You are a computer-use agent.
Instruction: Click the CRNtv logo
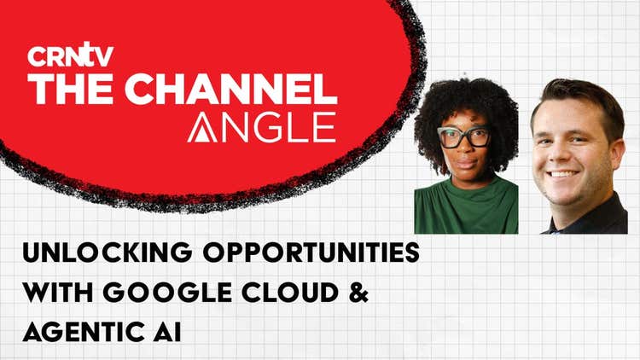pyautogui.click(x=70, y=55)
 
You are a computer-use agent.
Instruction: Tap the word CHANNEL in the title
pyautogui.click(x=231, y=89)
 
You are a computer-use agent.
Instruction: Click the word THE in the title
pyautogui.click(x=70, y=89)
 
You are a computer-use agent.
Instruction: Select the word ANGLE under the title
pyautogui.click(x=262, y=127)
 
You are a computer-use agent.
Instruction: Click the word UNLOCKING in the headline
pyautogui.click(x=108, y=253)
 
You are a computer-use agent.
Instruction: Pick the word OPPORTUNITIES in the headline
pyautogui.click(x=311, y=253)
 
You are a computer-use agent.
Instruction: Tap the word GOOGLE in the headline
pyautogui.click(x=167, y=293)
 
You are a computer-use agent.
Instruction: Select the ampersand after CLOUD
pyautogui.click(x=358, y=293)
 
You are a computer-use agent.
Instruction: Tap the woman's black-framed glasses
pyautogui.click(x=464, y=136)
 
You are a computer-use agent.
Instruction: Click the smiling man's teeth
pyautogui.click(x=563, y=174)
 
